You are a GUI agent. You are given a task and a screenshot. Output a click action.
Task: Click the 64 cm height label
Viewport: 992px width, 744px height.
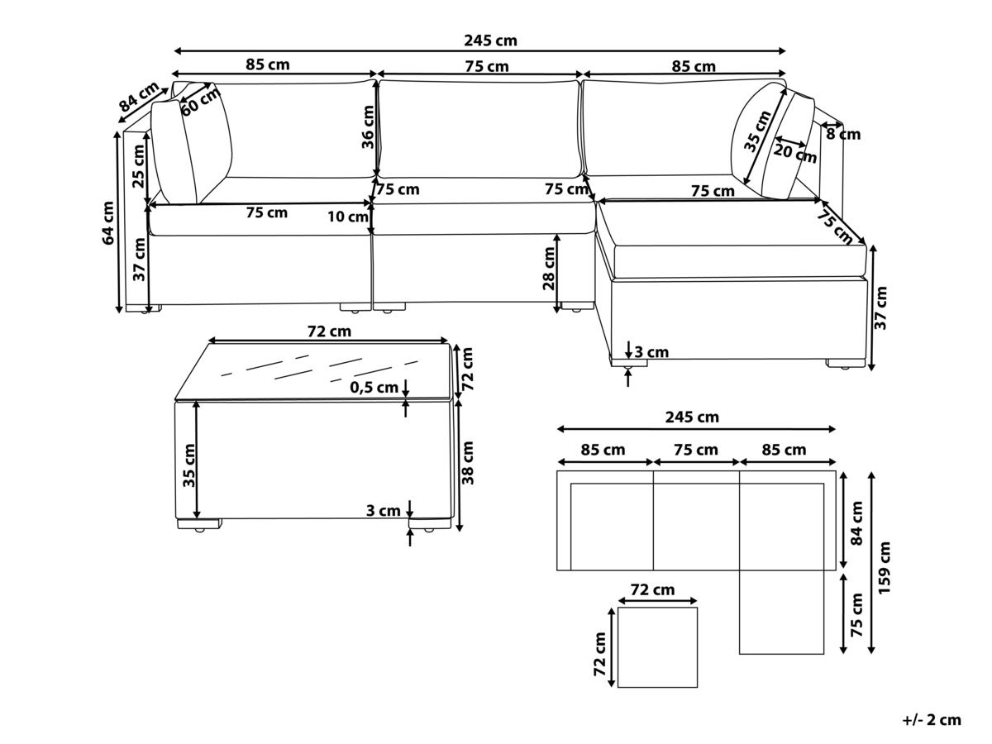click(x=108, y=223)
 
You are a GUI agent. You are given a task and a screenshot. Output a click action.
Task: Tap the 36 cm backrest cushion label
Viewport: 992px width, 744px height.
click(x=367, y=127)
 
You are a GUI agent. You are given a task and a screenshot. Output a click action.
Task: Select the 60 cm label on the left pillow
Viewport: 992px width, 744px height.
click(x=201, y=102)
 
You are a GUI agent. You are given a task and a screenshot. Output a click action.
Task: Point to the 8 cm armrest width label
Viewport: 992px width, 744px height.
click(x=843, y=134)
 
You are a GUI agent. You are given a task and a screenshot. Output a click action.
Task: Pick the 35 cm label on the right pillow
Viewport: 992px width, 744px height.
click(x=757, y=131)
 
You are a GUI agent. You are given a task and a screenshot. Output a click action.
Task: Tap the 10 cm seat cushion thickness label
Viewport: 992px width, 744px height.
click(x=347, y=217)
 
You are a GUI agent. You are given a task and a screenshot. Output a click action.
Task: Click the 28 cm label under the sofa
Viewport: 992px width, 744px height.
click(x=548, y=269)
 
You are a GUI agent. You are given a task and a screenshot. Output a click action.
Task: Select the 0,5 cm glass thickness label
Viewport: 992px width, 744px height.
click(x=374, y=387)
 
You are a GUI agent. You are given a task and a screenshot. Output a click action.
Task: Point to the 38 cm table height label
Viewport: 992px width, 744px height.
click(x=468, y=463)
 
